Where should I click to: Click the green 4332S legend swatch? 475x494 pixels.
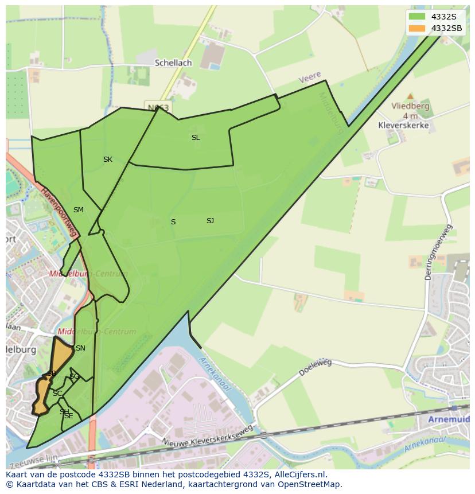pyautogui.click(x=417, y=17)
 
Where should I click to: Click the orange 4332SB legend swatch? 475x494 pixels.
pyautogui.click(x=417, y=28)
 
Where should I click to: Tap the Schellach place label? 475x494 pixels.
pyautogui.click(x=173, y=63)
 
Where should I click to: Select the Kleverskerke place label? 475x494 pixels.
pyautogui.click(x=403, y=125)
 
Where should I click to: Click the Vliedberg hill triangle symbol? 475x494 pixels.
pyautogui.click(x=410, y=96)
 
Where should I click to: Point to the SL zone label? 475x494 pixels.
pyautogui.click(x=196, y=138)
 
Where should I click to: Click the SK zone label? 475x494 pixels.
pyautogui.click(x=108, y=160)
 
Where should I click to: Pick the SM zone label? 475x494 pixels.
pyautogui.click(x=79, y=210)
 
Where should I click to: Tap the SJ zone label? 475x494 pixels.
pyautogui.click(x=210, y=221)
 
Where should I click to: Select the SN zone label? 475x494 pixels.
pyautogui.click(x=80, y=348)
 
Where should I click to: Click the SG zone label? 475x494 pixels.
pyautogui.click(x=74, y=376)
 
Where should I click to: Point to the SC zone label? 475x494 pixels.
pyautogui.click(x=57, y=394)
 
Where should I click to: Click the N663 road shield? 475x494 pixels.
pyautogui.click(x=158, y=107)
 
